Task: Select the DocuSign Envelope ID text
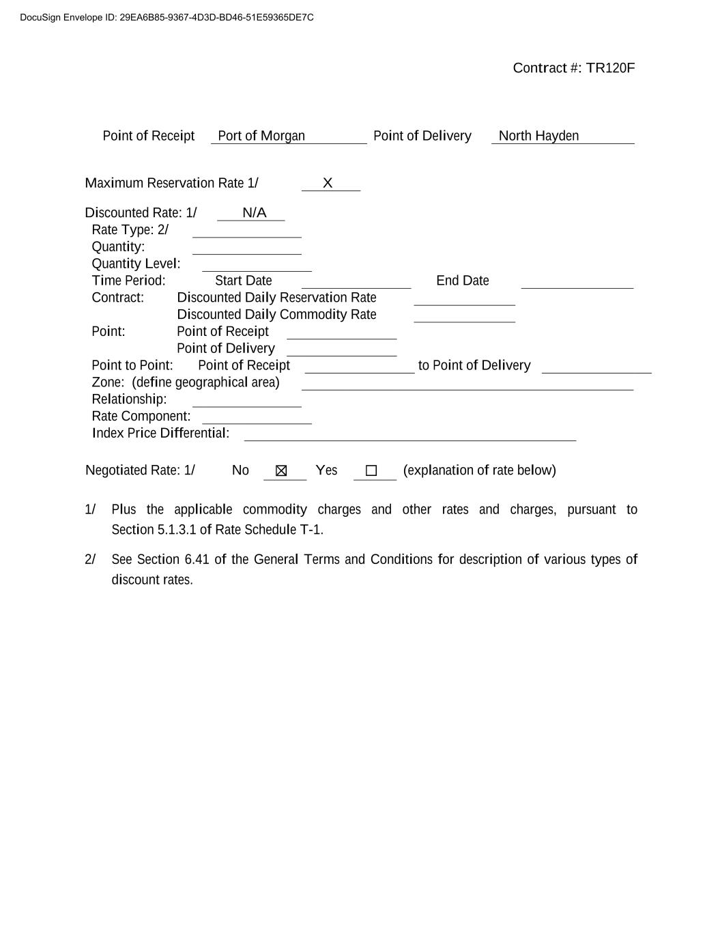coord(167,18)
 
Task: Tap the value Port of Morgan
coord(261,136)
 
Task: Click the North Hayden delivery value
coord(538,136)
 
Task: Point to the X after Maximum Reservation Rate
coord(328,183)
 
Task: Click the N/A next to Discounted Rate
coord(254,213)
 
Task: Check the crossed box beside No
coord(281,471)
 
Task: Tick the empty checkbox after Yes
coord(371,471)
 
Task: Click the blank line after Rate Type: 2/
coord(246,232)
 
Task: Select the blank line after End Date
coord(577,283)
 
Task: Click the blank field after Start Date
coord(356,283)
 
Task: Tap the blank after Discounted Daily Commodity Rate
coord(464,317)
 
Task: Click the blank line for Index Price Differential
coord(409,436)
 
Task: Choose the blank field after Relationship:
coord(246,401)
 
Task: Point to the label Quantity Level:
coord(136,264)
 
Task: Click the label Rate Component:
coord(141,416)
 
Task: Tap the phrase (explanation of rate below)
coord(479,470)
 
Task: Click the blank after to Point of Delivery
coord(596,368)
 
